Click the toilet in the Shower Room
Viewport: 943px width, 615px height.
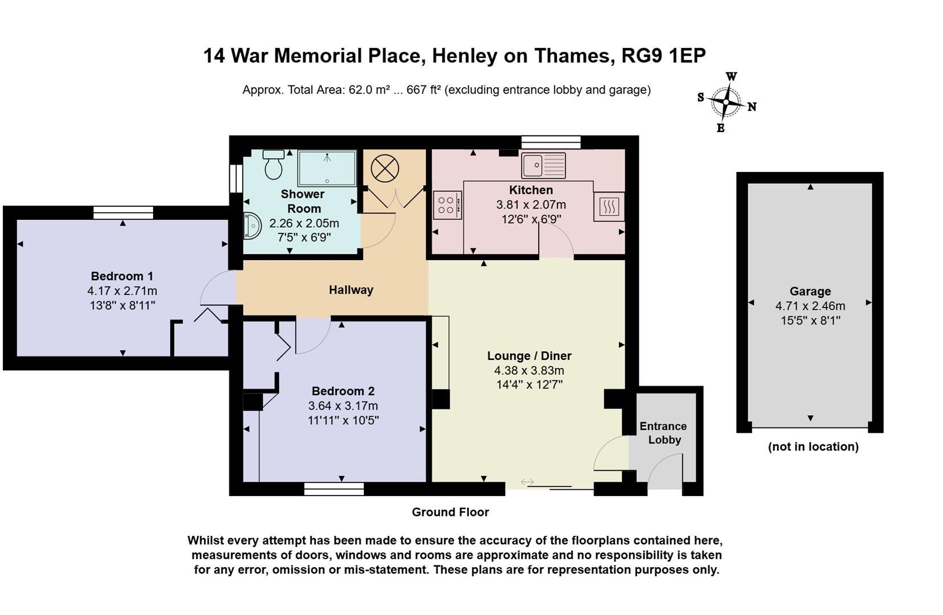point(273,165)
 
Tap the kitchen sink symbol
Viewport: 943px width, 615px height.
point(543,166)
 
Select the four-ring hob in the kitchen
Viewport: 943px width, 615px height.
point(447,205)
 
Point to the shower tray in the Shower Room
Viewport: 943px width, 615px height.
point(327,169)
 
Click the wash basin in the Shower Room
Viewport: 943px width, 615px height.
point(252,225)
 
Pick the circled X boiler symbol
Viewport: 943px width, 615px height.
point(384,169)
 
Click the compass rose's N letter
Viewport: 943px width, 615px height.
point(752,107)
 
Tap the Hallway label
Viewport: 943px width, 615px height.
point(351,290)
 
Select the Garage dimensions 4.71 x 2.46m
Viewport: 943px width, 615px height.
point(810,306)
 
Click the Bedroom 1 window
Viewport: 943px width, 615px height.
point(123,212)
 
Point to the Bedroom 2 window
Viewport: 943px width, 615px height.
point(334,489)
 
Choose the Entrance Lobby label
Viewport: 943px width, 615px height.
point(663,433)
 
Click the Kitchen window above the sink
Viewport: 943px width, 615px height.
point(551,142)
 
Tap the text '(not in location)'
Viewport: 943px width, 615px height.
point(813,446)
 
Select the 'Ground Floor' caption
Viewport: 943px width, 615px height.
point(450,512)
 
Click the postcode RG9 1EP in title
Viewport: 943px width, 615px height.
point(663,56)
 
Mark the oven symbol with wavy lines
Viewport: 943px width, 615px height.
point(609,207)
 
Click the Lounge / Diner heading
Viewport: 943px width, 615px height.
point(529,356)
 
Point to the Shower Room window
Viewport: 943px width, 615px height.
point(236,178)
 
